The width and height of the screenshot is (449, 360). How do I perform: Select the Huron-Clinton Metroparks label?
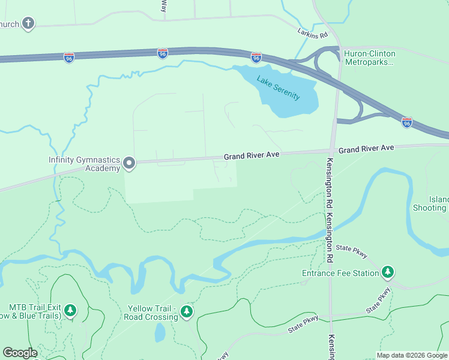point(369,58)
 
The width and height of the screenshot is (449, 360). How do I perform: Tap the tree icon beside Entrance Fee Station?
point(388,273)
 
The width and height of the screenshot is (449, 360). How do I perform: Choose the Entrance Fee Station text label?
point(340,274)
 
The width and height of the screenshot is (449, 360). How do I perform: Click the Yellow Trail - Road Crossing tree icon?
point(187,311)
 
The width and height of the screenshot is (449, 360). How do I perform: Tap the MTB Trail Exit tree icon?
point(71,310)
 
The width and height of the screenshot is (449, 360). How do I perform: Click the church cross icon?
point(28,23)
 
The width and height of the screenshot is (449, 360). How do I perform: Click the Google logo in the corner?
point(20,353)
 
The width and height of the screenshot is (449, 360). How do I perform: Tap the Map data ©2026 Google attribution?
point(412,355)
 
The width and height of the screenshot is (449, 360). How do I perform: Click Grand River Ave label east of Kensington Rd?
point(366,148)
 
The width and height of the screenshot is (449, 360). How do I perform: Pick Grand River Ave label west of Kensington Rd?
point(252,155)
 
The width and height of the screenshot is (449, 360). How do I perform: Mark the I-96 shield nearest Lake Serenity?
point(256,58)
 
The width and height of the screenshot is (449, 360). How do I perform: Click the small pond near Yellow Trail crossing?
point(160,331)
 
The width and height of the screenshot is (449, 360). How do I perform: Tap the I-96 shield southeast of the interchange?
point(407,122)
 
